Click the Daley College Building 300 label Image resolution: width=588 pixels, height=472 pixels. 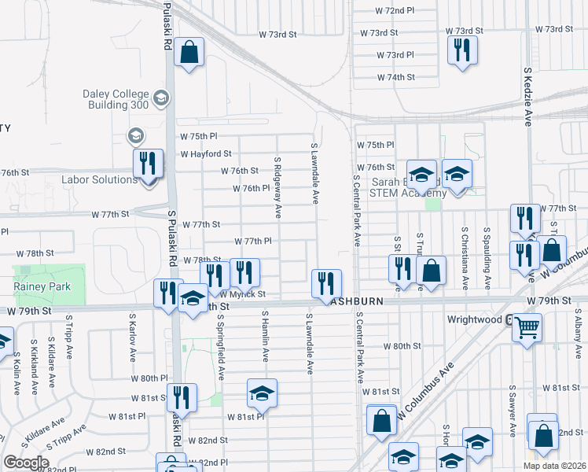coord(116,99)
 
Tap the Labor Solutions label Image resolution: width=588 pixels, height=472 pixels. coord(99,180)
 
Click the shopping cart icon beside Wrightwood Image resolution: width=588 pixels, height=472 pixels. coord(527,326)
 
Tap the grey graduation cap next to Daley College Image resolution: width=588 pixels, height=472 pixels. coord(162,98)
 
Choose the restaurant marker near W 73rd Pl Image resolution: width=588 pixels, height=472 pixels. coord(462,50)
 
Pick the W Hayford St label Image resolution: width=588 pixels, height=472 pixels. coord(206,154)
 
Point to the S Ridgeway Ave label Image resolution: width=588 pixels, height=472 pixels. coord(277,187)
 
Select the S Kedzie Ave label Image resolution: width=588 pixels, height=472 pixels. coord(528,96)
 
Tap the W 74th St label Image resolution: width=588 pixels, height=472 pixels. coord(395,77)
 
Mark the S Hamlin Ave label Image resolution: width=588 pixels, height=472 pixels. coord(266,337)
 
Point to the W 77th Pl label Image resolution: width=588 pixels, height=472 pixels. coord(253,241)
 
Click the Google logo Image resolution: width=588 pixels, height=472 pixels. coord(26,463)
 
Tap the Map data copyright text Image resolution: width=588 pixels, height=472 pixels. coord(554,466)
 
